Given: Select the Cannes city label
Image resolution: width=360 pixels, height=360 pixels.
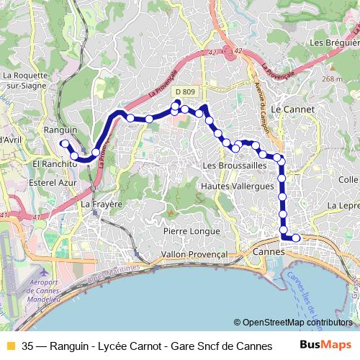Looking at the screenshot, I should point(269,253).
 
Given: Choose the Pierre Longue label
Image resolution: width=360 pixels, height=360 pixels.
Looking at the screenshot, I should point(191,231).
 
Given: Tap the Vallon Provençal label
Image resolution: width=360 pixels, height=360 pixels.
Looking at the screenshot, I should point(194,254).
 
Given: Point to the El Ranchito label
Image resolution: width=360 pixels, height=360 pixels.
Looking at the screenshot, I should point(54,164).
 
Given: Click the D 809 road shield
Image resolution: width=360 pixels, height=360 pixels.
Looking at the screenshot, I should point(184,92).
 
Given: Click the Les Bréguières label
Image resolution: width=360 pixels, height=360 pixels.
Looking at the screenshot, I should point(333,42).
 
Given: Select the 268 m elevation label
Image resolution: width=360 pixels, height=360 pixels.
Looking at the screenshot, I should point(332,79).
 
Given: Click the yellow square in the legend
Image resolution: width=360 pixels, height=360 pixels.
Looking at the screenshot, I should point(10,346).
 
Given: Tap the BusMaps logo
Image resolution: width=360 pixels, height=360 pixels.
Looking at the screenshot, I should point(325,345).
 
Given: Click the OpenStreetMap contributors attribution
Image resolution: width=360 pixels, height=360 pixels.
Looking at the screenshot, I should point(293,323).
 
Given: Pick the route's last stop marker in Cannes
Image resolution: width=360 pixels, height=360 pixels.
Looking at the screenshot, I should point(295,238).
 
